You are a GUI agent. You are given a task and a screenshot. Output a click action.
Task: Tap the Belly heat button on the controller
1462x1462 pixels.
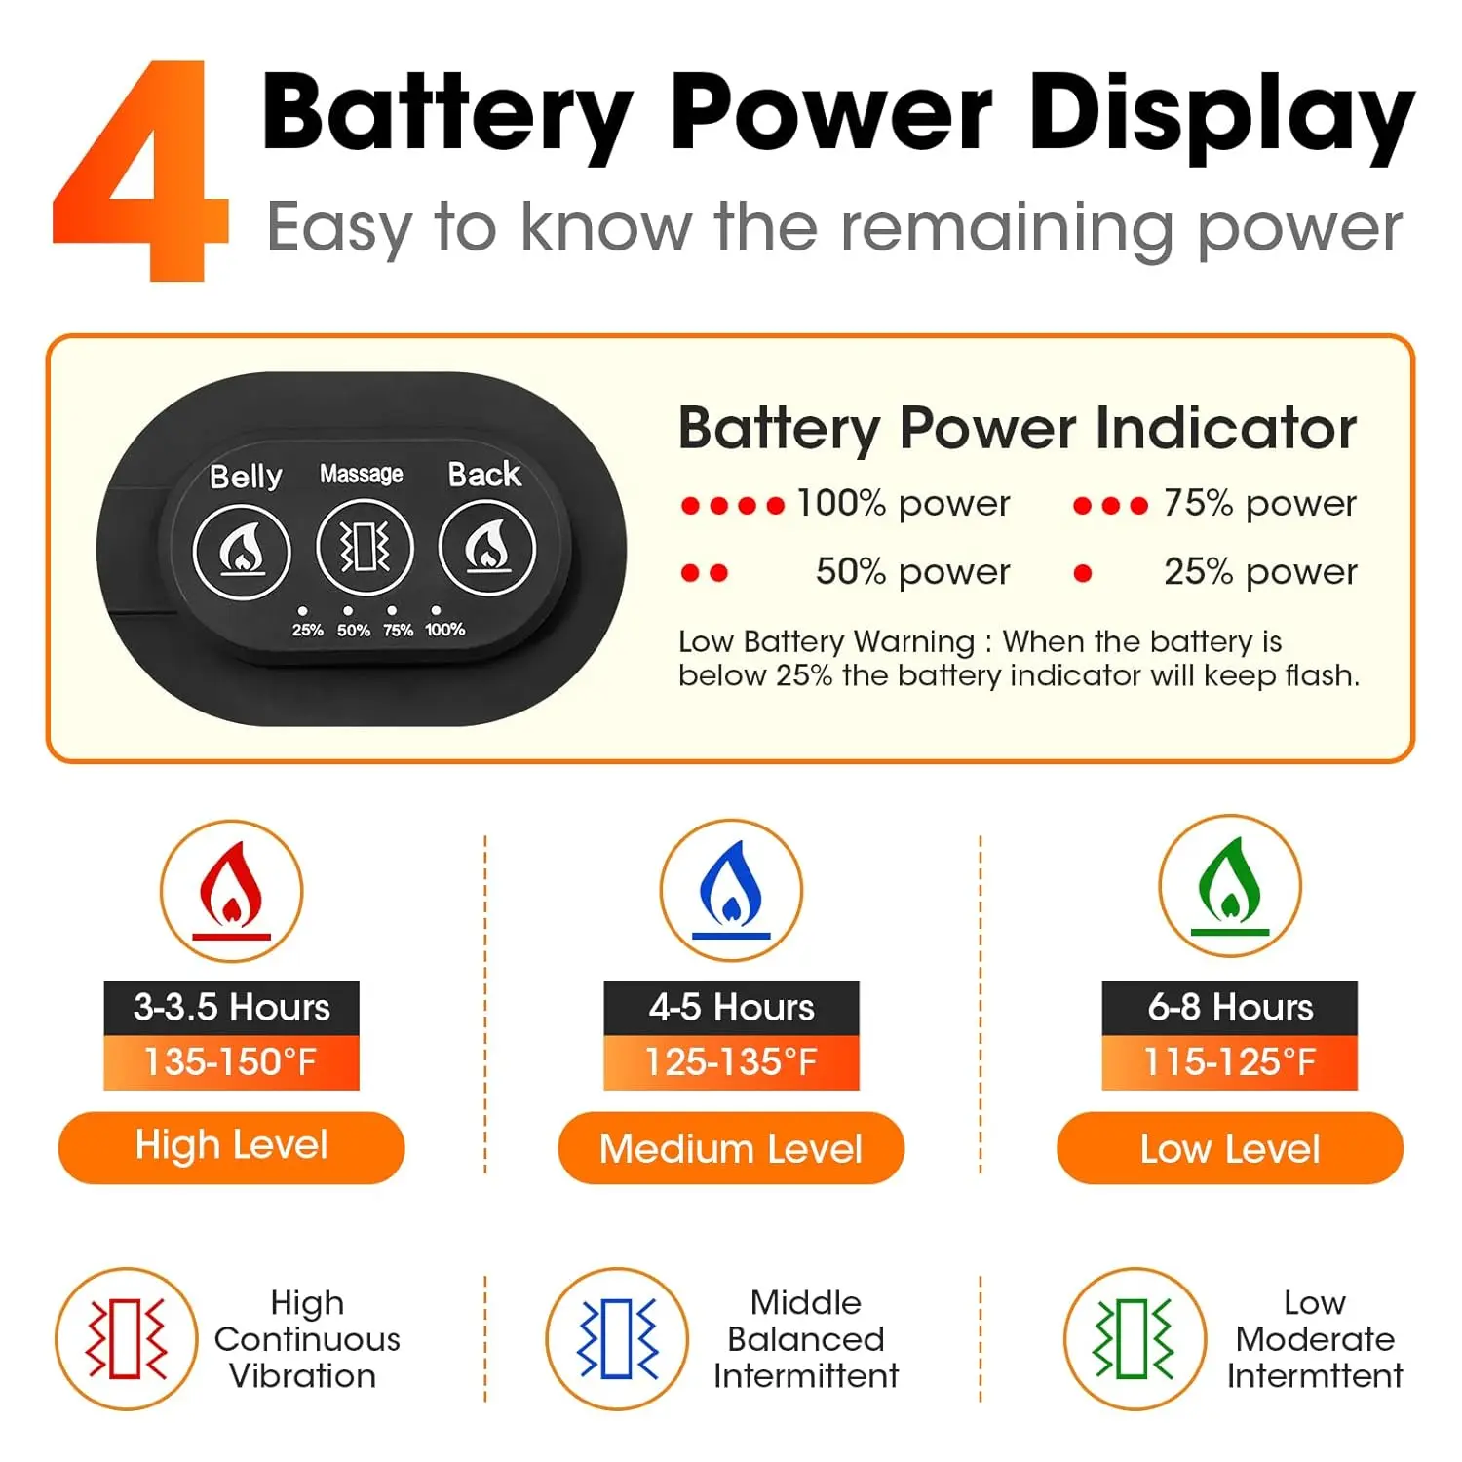(x=242, y=551)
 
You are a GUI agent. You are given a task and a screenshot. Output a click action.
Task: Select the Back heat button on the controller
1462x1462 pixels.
(x=487, y=549)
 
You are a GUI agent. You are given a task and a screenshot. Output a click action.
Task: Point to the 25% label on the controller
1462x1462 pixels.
(x=307, y=630)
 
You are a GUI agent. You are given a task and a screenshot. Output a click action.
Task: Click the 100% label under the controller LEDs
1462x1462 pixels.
(x=444, y=630)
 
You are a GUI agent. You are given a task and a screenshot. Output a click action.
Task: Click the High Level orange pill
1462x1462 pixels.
(x=232, y=1147)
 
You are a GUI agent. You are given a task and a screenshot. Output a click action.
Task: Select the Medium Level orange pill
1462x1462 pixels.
(x=731, y=1148)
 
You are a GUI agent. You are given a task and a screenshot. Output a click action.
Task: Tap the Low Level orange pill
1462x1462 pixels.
(x=1230, y=1148)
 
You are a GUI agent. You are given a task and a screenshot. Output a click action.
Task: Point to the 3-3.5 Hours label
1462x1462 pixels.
(x=232, y=1008)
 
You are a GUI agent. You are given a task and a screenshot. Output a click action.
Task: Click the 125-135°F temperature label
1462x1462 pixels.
(x=731, y=1062)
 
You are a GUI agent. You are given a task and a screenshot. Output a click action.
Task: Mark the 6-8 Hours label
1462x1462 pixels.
(x=1230, y=1008)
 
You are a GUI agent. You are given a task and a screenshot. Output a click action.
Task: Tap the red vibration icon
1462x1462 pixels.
(x=127, y=1338)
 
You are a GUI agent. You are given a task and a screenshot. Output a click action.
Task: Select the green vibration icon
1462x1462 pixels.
(x=1135, y=1338)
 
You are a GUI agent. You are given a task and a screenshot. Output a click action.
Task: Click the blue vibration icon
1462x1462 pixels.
(x=617, y=1338)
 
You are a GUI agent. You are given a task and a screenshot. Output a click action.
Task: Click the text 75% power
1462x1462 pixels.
(x=1259, y=503)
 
